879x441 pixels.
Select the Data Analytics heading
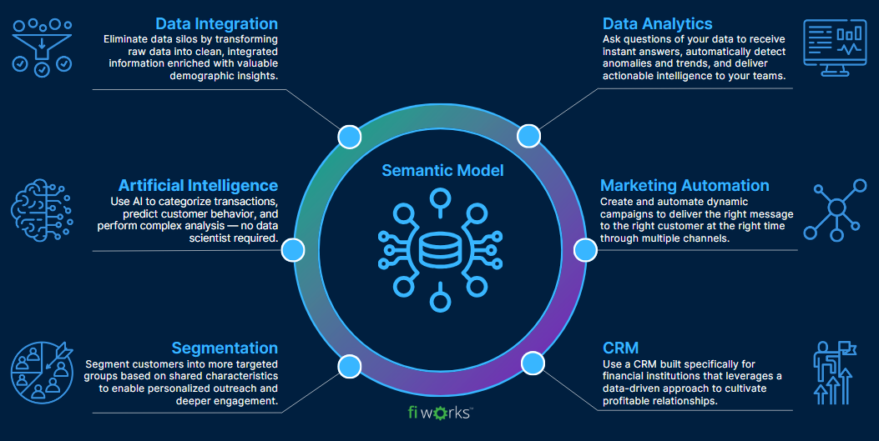658,23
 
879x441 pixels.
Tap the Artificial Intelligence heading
198,185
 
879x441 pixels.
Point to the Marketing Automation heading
685,185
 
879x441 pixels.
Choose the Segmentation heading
225,348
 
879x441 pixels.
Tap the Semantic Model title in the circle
442,171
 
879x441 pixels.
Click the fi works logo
438,413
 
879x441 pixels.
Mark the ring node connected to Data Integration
349,137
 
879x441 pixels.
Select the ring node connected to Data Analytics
528,136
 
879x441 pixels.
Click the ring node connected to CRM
532,363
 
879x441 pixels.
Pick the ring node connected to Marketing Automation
584,249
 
